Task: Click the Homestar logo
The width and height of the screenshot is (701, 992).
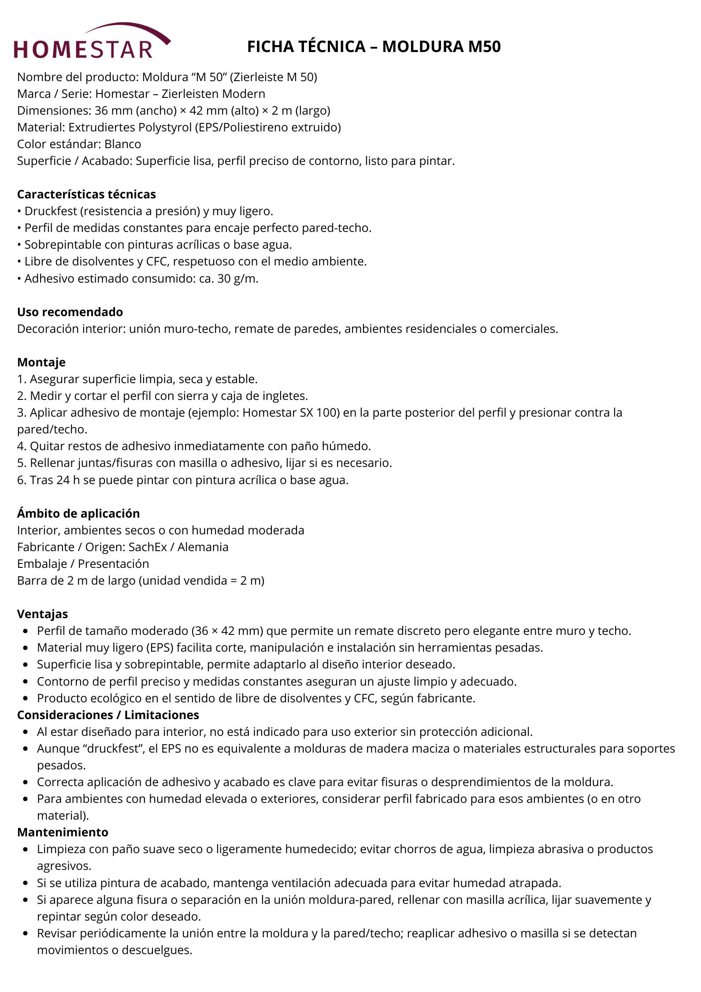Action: click(x=92, y=42)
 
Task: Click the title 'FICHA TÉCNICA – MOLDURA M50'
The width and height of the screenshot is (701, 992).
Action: click(x=374, y=47)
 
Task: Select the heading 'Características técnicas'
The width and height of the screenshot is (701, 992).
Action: click(x=86, y=194)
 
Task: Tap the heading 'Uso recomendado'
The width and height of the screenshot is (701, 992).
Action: click(x=70, y=312)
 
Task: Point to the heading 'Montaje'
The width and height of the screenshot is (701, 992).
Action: click(x=41, y=362)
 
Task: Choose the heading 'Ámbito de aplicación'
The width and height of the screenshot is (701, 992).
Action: click(x=78, y=514)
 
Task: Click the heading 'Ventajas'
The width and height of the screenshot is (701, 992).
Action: click(x=42, y=614)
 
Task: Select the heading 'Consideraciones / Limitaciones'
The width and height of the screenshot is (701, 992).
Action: click(x=108, y=715)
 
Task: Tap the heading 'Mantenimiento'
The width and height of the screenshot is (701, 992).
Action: click(x=63, y=832)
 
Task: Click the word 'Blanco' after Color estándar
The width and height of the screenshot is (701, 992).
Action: click(x=122, y=144)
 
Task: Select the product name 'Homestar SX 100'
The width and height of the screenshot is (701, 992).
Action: click(x=291, y=413)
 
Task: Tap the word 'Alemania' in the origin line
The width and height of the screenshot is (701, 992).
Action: click(x=203, y=547)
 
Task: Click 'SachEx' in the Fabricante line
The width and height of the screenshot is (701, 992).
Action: click(x=148, y=547)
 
